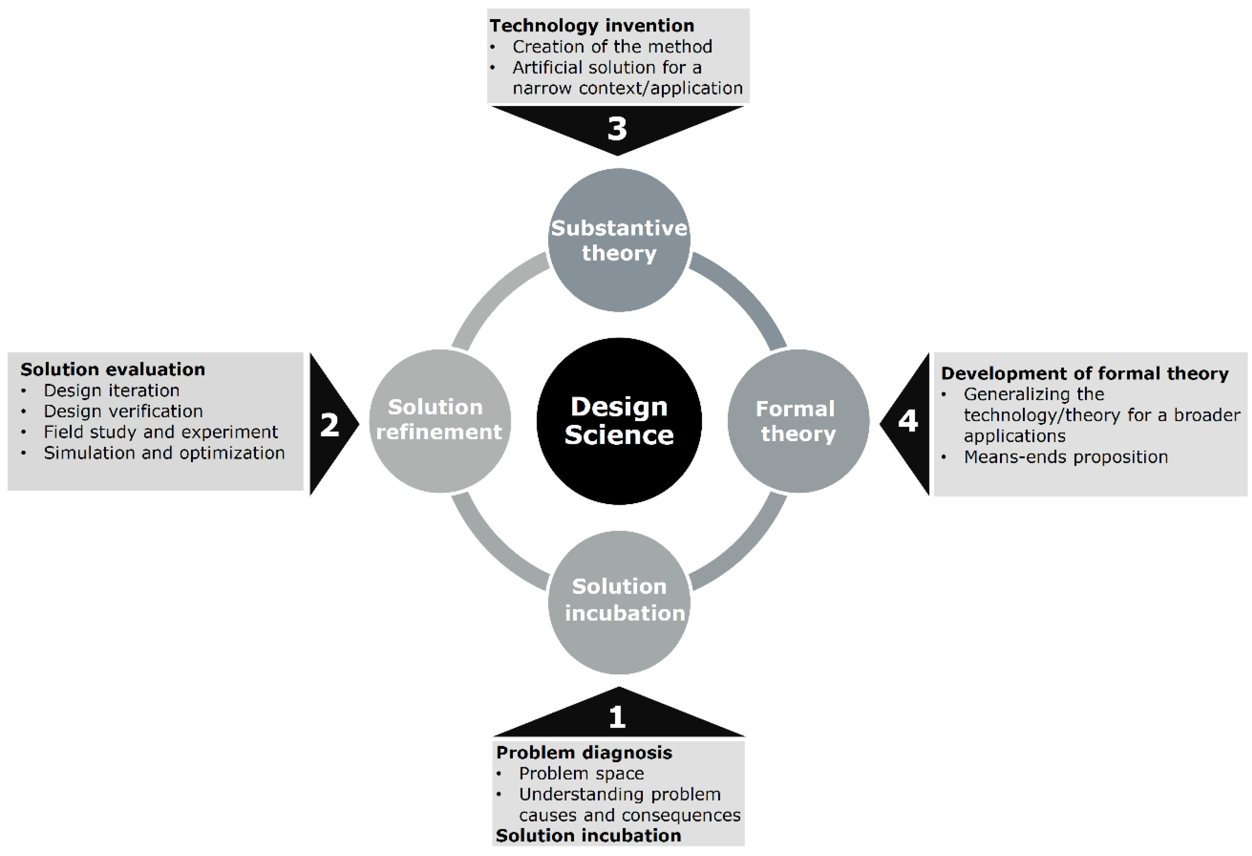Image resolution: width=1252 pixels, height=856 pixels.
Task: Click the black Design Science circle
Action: click(x=619, y=421)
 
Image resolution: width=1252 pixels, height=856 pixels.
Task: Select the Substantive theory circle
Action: click(x=619, y=240)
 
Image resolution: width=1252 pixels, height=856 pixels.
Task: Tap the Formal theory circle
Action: click(x=798, y=421)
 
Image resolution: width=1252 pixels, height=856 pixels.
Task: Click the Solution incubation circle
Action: click(x=619, y=602)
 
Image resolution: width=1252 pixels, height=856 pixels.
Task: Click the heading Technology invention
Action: click(x=592, y=25)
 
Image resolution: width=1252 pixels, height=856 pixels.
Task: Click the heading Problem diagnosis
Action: click(x=584, y=753)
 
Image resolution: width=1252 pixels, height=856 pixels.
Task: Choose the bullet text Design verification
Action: click(x=123, y=411)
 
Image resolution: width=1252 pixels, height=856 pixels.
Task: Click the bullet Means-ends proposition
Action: click(x=1066, y=457)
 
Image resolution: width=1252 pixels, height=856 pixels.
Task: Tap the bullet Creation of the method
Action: click(x=612, y=46)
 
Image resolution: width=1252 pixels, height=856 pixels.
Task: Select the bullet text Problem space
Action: click(x=581, y=774)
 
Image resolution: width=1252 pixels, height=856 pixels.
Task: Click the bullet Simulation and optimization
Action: click(x=164, y=453)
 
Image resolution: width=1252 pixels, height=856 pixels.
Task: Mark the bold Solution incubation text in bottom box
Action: click(x=588, y=836)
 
